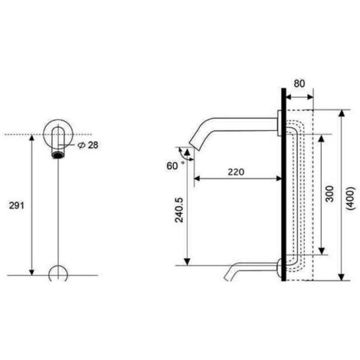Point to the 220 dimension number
click(x=236, y=173)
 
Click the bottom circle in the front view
click(x=58, y=274)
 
